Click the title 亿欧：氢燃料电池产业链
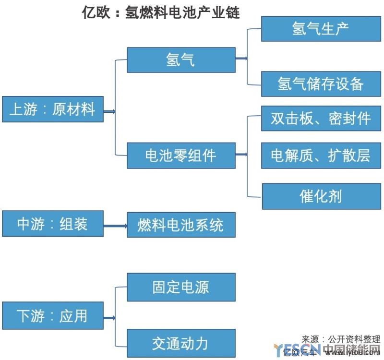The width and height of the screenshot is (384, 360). click(x=161, y=12)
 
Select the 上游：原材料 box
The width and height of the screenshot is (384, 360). click(x=52, y=109)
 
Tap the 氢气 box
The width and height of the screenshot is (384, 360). click(x=181, y=60)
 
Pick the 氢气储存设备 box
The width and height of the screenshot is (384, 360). click(x=321, y=84)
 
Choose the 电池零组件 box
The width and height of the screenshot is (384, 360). click(x=181, y=155)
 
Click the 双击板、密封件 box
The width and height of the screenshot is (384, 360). click(x=321, y=118)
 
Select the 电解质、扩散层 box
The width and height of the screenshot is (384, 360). click(x=321, y=155)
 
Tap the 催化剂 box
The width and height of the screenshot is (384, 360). click(x=321, y=196)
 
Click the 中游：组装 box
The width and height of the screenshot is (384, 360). click(x=52, y=224)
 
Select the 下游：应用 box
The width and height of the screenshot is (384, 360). click(x=52, y=316)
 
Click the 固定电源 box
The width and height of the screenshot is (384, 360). click(x=181, y=287)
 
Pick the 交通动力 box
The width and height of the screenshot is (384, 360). click(x=181, y=343)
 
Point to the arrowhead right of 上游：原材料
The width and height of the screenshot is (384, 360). click(x=113, y=112)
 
